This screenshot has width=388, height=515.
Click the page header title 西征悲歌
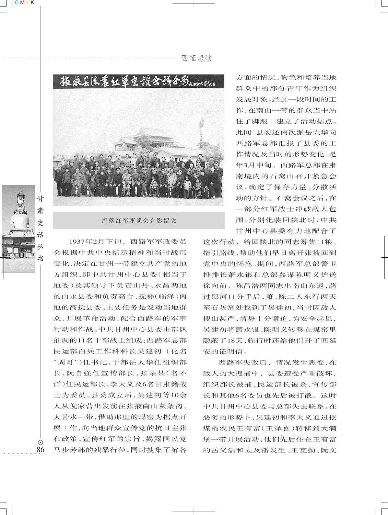point(197,58)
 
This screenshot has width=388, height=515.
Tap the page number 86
point(40,450)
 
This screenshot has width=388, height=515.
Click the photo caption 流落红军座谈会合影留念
point(139,221)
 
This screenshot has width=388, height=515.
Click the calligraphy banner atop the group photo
point(139,82)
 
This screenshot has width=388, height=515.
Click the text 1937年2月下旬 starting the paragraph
point(95,242)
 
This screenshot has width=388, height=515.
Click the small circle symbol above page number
point(40,442)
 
